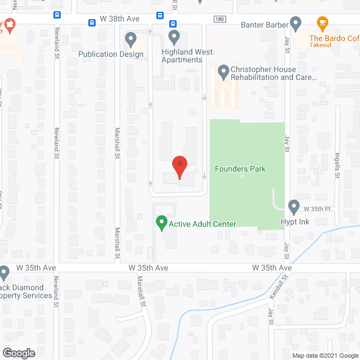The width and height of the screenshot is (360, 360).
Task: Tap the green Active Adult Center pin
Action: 161,223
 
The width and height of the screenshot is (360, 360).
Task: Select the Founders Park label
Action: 240,169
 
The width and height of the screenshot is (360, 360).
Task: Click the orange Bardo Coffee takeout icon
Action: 322,24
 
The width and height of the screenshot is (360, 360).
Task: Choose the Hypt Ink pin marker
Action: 294,206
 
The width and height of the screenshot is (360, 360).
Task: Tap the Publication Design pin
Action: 131,39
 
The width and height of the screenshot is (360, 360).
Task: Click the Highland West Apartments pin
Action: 174,38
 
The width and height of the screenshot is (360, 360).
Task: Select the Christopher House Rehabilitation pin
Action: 223,71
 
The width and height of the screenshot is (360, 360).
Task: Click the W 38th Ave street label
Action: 119,19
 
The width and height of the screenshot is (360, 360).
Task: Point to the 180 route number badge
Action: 219,19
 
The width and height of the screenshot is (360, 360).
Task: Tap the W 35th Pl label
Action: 315,209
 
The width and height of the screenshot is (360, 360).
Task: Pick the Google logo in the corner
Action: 18,353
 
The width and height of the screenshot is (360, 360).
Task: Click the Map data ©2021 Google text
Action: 325,355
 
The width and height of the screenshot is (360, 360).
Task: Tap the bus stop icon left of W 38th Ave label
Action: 92,22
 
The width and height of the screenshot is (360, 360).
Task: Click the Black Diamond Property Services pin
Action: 4,273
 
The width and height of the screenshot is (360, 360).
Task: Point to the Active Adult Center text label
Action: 202,224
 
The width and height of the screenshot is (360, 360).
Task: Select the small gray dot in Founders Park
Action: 243,176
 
